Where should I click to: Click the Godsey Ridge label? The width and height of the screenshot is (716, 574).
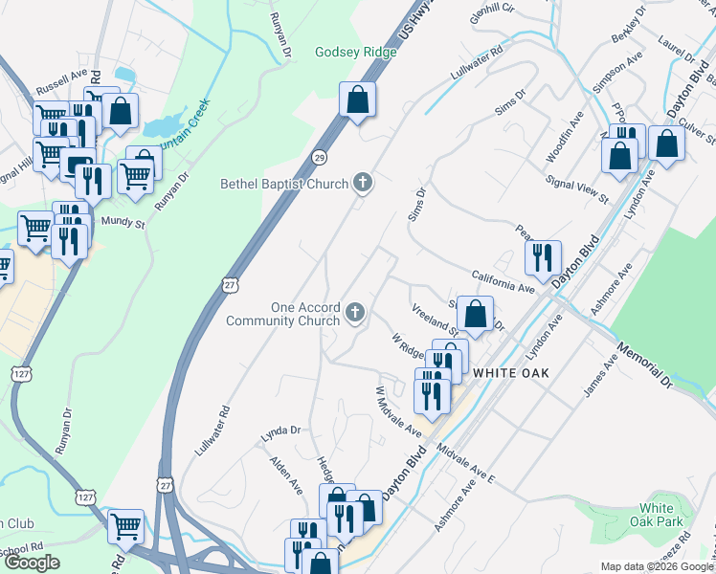coord(356,52)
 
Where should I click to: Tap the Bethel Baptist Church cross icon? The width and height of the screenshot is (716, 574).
coord(362,182)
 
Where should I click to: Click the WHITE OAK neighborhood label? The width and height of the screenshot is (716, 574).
coord(511,372)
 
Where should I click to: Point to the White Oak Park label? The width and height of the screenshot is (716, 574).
coord(662,515)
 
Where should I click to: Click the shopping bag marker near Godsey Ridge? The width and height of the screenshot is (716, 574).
coord(357,99)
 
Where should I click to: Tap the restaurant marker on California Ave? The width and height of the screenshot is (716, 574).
coord(542,257)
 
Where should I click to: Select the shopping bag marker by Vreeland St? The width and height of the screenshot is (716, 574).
coord(475,313)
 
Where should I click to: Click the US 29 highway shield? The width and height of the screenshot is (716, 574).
coord(320,156)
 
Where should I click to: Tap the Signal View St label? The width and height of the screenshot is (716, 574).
coord(576,188)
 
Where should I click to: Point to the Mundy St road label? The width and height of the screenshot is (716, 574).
coord(123,224)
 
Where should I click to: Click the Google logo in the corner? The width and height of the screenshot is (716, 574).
coord(32,563)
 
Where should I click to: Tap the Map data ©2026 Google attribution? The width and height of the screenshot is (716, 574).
coord(657,566)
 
